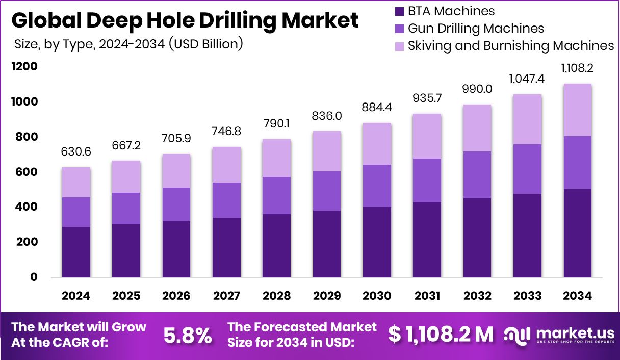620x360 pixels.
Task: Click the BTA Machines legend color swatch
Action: (x=399, y=11)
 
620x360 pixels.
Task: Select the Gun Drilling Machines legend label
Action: (x=476, y=29)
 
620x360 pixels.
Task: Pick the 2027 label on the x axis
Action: (x=227, y=296)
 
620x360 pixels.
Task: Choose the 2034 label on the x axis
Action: (x=578, y=296)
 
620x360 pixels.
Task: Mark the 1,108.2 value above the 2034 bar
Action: (x=578, y=68)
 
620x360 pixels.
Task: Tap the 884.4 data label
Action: (x=377, y=108)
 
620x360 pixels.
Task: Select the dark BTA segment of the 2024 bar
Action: (x=76, y=252)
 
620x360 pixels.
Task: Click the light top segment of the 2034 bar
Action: (x=578, y=110)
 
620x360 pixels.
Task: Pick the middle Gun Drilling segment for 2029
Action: (x=327, y=191)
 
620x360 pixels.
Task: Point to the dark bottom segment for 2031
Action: (x=427, y=240)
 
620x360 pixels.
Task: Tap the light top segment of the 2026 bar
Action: (x=176, y=171)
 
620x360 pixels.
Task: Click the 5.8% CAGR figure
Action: (x=187, y=336)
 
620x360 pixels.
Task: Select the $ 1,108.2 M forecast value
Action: (x=441, y=335)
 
